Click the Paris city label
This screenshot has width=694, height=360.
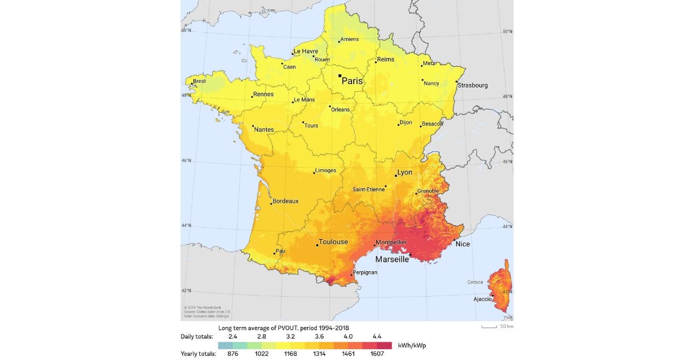pyautogui.click(x=352, y=81)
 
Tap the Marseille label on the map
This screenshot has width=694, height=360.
pyautogui.click(x=392, y=259)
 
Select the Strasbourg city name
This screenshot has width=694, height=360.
pyautogui.click(x=473, y=85)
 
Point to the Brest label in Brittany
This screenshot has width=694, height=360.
pyautogui.click(x=199, y=81)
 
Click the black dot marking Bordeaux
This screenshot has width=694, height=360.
pyautogui.click(x=271, y=203)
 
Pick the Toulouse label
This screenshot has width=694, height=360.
pyautogui.click(x=333, y=242)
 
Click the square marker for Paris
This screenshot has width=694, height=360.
pyautogui.click(x=340, y=75)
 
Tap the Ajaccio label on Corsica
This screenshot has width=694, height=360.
pyautogui.click(x=483, y=299)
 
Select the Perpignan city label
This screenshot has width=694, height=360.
pyautogui.click(x=365, y=272)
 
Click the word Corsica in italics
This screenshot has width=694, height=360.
pyautogui.click(x=475, y=283)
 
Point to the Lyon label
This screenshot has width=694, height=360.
pyautogui.click(x=405, y=172)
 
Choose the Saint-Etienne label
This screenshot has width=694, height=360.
pyautogui.click(x=369, y=189)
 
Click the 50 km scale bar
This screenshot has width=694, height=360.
pyautogui.click(x=489, y=327)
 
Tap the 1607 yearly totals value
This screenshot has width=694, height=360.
pyautogui.click(x=377, y=354)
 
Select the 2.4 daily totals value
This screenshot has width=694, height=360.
pyautogui.click(x=233, y=336)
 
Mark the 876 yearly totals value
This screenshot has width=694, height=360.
pyautogui.click(x=233, y=354)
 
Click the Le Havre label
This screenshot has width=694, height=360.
pyautogui.click(x=306, y=51)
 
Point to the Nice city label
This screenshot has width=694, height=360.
pyautogui.click(x=462, y=244)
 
